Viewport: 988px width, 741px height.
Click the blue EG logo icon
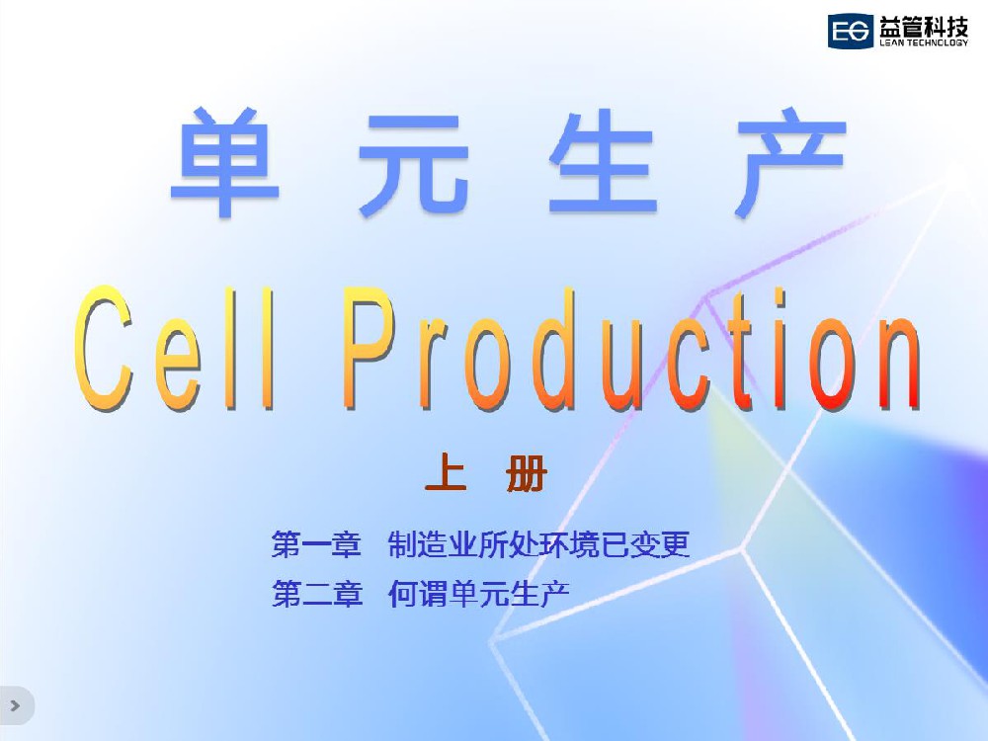850,31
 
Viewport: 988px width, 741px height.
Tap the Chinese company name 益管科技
923,27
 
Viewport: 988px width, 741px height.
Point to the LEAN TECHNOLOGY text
924,42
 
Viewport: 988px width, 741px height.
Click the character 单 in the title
225,162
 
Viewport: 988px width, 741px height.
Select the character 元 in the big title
414,164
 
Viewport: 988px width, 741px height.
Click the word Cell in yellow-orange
174,348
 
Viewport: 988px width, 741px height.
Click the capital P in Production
370,347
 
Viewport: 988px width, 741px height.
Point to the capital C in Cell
104,348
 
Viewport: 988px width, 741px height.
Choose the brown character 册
527,472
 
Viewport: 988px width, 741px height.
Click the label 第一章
316,544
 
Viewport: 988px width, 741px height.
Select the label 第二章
317,593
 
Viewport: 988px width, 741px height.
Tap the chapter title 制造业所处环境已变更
539,544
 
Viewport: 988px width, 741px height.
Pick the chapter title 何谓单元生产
479,593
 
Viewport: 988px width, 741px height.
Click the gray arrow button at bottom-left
15,705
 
